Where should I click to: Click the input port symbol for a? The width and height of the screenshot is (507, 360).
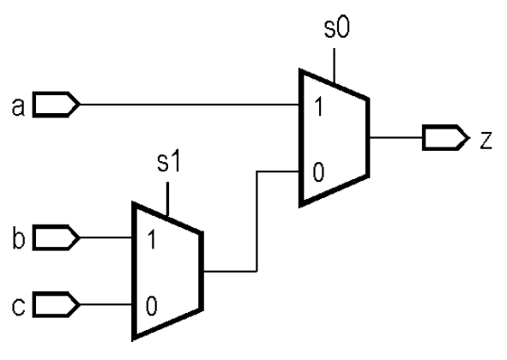coord(56,105)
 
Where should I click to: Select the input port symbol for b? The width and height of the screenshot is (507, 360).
coord(56,236)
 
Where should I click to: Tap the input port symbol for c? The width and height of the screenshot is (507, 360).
coord(56,303)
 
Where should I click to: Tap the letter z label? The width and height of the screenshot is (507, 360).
coord(486,138)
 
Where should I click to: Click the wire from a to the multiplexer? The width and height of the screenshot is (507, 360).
coord(189,105)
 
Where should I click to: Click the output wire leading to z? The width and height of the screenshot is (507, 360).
coord(395,137)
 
